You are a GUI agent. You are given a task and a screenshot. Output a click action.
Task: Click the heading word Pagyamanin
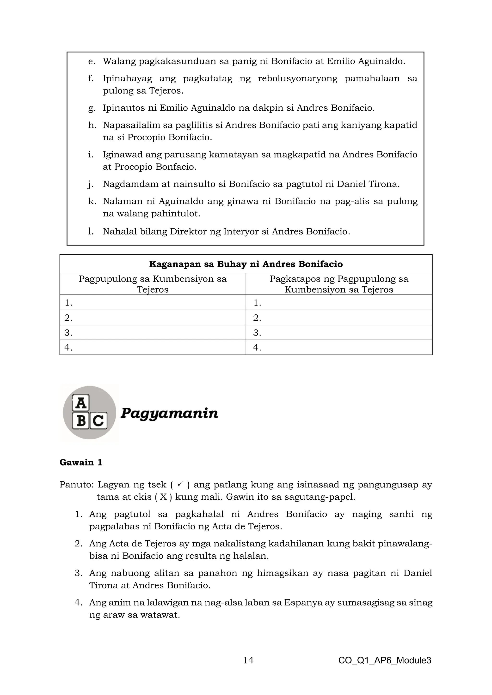169,413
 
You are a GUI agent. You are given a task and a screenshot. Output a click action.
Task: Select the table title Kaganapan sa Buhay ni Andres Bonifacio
246,264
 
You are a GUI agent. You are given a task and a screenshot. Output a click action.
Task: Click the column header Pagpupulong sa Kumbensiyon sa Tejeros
153,284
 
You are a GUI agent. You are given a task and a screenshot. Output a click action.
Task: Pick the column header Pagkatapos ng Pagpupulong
339,284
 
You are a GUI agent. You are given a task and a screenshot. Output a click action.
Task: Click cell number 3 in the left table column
153,333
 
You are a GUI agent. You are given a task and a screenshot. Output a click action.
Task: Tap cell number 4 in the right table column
339,347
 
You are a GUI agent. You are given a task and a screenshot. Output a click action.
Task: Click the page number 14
248,660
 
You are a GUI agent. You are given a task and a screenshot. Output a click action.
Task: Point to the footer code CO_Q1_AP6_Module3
384,660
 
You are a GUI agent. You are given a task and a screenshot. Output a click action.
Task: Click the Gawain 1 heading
81,462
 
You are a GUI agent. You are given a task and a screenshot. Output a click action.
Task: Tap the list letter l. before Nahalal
91,232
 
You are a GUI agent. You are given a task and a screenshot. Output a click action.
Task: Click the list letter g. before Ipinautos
92,108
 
